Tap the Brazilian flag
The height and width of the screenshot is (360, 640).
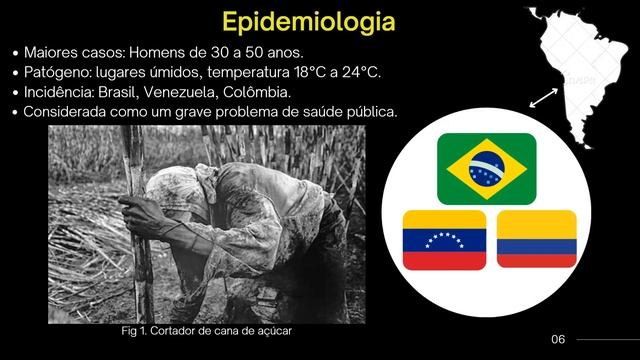click(486, 168)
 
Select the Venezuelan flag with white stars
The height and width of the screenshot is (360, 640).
click(444, 240)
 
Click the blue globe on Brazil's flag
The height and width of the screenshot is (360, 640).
click(486, 168)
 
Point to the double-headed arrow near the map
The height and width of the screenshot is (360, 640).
click(544, 97)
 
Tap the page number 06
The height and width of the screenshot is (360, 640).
click(558, 339)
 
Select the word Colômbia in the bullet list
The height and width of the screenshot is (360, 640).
click(268, 92)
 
